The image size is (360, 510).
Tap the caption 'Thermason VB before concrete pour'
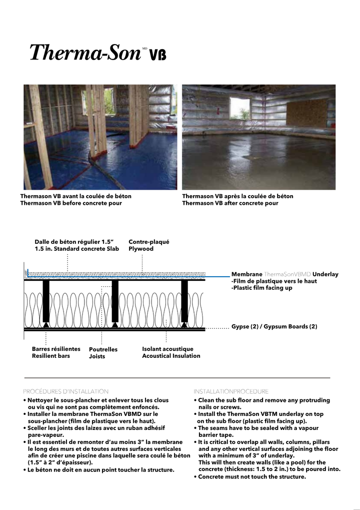(70, 203)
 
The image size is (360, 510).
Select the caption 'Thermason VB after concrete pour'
(230, 203)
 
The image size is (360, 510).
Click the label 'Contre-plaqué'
(148, 241)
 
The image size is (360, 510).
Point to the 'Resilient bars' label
(50, 356)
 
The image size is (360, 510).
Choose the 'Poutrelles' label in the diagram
(103, 349)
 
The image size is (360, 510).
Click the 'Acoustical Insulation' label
(171, 356)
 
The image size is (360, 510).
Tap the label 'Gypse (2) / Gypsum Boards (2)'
(274, 327)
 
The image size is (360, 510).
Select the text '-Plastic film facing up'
(261, 288)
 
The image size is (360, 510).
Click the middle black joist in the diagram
(115, 300)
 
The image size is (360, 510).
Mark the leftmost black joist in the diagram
(46, 300)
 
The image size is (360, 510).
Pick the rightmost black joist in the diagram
(184, 300)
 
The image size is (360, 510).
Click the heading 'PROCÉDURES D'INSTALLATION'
(65, 391)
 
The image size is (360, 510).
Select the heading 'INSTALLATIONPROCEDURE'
(230, 391)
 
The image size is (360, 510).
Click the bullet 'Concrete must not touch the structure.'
(249, 477)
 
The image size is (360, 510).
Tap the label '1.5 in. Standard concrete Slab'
(76, 249)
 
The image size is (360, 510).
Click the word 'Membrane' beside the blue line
(246, 274)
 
